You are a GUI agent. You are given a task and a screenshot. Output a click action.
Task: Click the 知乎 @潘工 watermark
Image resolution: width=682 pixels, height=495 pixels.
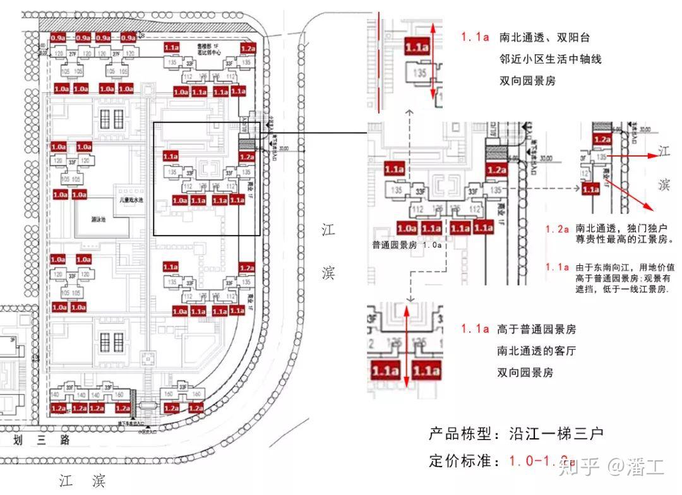[x=611, y=467]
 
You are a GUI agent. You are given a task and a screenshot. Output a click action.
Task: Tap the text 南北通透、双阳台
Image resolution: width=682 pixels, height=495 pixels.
[x=544, y=38]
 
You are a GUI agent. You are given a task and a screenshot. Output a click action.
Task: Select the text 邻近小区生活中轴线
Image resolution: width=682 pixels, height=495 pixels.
[x=549, y=59]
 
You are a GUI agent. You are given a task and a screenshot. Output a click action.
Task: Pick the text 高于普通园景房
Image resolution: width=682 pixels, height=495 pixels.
[x=536, y=330]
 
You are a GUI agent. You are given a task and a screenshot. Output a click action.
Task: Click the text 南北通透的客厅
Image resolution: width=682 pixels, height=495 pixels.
[x=536, y=351]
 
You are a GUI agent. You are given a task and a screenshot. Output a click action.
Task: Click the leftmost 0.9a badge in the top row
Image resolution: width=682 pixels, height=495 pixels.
[x=59, y=37]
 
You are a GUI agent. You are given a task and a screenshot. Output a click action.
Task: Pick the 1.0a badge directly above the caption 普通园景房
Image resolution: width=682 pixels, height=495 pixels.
[x=407, y=228]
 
